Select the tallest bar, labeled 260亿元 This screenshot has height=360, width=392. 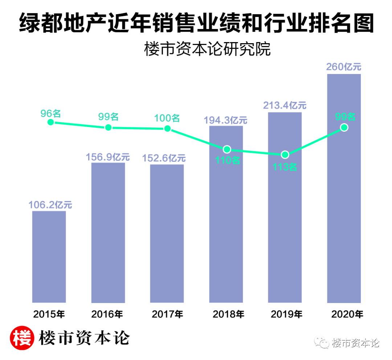pyautogui.click(x=344, y=218)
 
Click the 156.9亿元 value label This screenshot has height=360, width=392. pyautogui.click(x=108, y=157)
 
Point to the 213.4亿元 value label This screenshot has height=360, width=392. pyautogui.click(x=285, y=106)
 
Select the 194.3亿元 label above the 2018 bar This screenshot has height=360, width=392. pyautogui.click(x=226, y=120)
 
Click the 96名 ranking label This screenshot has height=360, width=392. pyautogui.click(x=50, y=113)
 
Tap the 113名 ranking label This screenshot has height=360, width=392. pyautogui.click(x=285, y=167)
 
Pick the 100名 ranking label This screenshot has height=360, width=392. pyautogui.click(x=167, y=118)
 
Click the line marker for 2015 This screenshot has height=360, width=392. pyautogui.click(x=51, y=122)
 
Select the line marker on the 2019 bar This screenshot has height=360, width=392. pyautogui.click(x=285, y=155)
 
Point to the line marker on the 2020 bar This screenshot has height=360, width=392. pyautogui.click(x=344, y=127)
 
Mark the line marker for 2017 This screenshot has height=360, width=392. pyautogui.click(x=167, y=128)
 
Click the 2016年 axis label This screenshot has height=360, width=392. pyautogui.click(x=108, y=314)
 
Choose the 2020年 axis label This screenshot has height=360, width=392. pyautogui.click(x=347, y=314)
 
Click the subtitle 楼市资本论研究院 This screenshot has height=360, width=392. pyautogui.click(x=207, y=49)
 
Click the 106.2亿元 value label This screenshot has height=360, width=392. pyautogui.click(x=50, y=205)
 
